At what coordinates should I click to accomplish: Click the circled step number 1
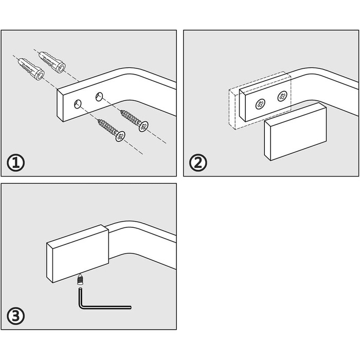tap(16, 163)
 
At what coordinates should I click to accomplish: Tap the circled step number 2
tap(198, 163)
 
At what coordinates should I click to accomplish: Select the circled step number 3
tap(16, 315)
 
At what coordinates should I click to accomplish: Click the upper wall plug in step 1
tap(53, 61)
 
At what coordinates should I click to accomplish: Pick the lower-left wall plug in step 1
tap(31, 69)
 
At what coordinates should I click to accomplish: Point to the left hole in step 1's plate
tap(77, 104)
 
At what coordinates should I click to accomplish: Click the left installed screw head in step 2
tap(260, 104)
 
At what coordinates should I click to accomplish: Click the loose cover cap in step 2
tap(295, 131)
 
